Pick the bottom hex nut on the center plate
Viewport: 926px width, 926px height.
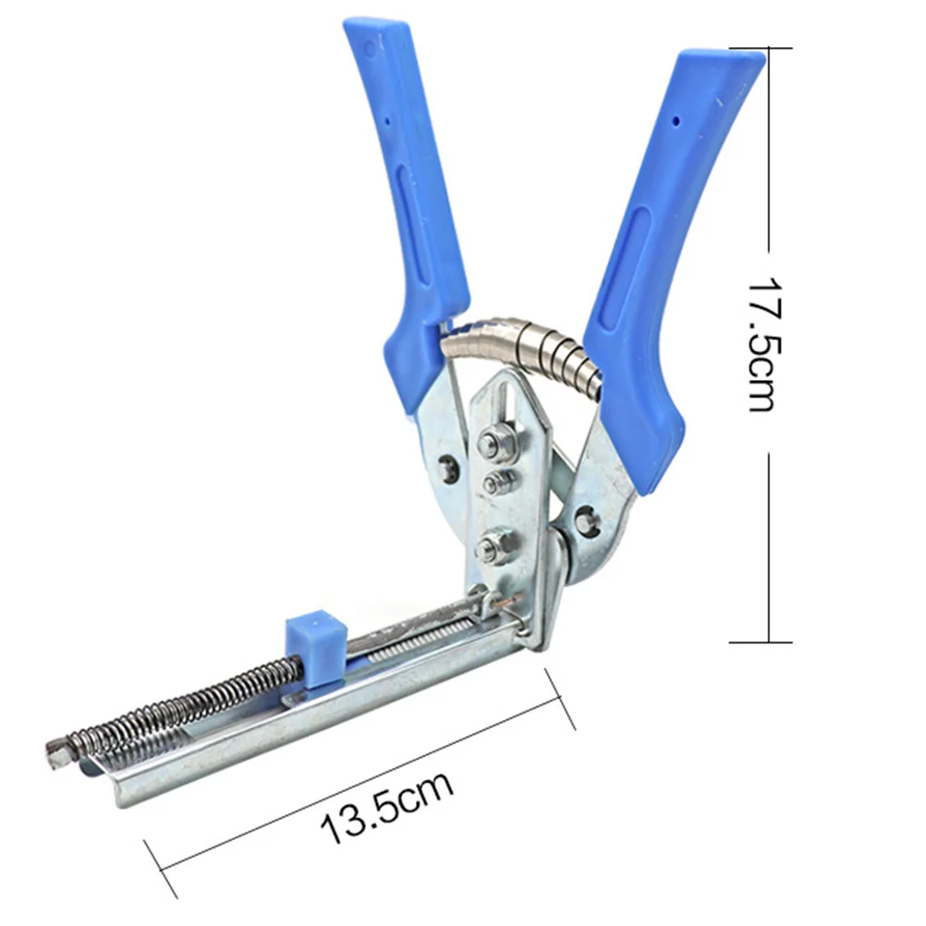pyautogui.click(x=493, y=546)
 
